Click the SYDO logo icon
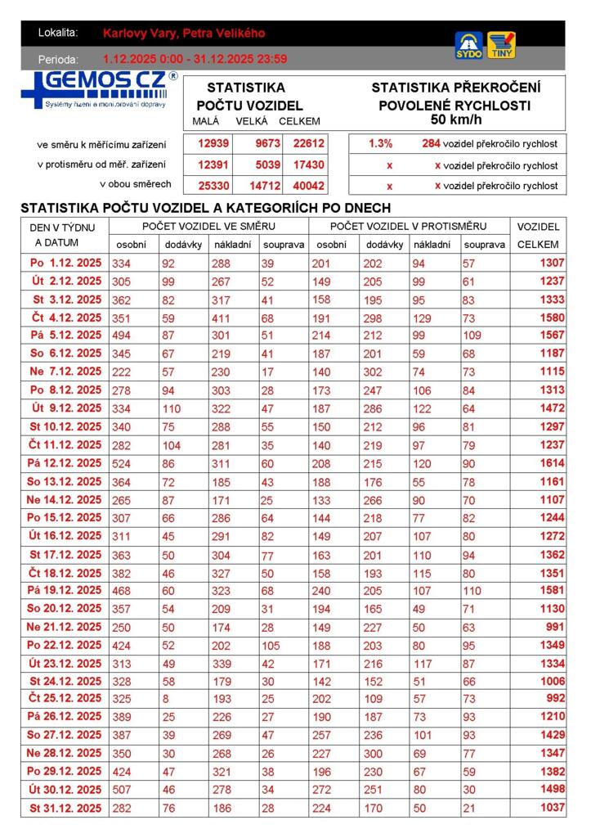coord(468,45)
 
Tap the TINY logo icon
coord(501,45)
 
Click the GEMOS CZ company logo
coord(99,89)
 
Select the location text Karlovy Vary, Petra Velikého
coord(184,34)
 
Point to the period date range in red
coord(195,59)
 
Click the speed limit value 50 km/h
coord(455,120)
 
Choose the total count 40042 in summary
coord(309,186)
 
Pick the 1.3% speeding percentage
coord(380,143)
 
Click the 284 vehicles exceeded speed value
coord(431,143)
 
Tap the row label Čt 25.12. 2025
coord(65,698)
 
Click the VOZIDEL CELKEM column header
coord(538,235)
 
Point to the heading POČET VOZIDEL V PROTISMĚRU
coord(408,226)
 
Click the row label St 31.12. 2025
coord(65,808)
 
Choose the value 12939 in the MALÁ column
coord(213,143)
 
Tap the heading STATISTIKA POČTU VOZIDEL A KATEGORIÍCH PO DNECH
coord(205,208)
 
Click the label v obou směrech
coord(136,184)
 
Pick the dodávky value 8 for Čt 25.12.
coord(168,698)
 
